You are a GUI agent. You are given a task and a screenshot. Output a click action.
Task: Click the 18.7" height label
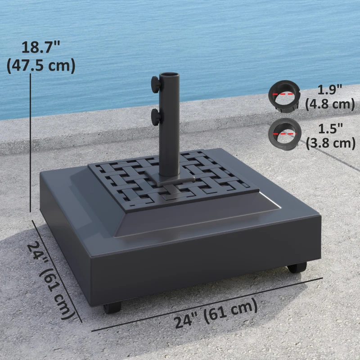coord(41,47)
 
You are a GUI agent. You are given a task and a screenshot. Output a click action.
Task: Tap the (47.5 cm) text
coord(41,65)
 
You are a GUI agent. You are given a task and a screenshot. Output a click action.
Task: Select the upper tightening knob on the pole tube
coord(155,85)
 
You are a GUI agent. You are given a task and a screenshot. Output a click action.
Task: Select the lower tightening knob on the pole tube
coord(156,117)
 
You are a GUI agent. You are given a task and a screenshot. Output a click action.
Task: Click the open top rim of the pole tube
coord(169,75)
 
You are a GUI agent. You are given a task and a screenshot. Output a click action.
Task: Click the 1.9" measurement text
coord(330,90)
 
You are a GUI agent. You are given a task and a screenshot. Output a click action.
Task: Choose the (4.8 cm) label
coord(330,104)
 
